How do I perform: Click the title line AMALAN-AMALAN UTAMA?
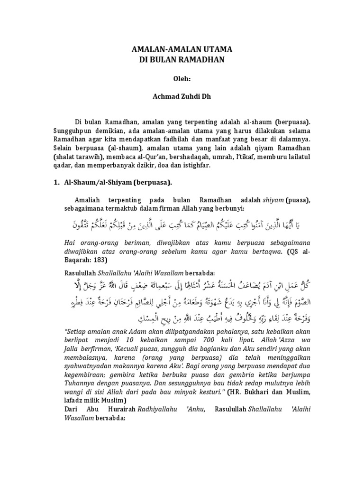click(182, 49)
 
